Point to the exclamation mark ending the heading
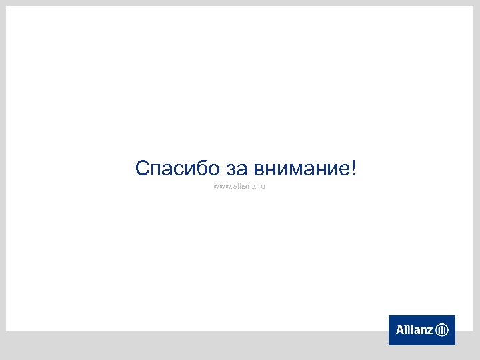353,167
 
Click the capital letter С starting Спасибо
142,168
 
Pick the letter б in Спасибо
199,167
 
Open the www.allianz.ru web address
239,187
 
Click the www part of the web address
221,187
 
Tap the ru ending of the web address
261,187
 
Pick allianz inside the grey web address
243,187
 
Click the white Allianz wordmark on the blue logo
415,330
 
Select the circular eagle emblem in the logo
442,330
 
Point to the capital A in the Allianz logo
400,330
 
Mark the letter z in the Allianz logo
431,331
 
